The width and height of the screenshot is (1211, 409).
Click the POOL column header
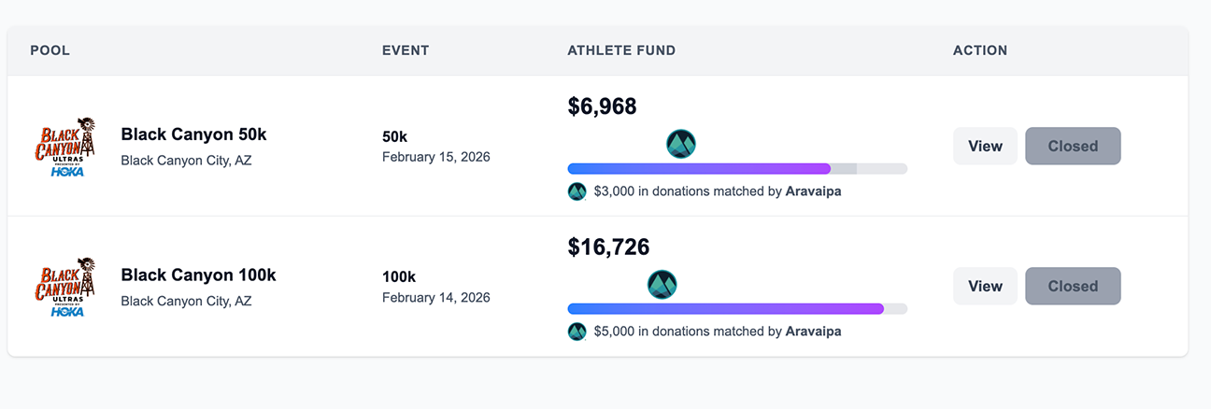pyautogui.click(x=50, y=50)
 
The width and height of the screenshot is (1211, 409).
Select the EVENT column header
pyautogui.click(x=406, y=50)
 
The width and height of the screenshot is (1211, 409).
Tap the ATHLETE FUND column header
pyautogui.click(x=621, y=50)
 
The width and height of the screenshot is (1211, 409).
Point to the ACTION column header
pyautogui.click(x=980, y=50)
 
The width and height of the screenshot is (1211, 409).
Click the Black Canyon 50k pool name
pyautogui.click(x=193, y=134)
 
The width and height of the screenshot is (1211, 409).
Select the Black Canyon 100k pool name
pyautogui.click(x=198, y=275)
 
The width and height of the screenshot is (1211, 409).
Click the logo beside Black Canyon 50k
pyautogui.click(x=65, y=147)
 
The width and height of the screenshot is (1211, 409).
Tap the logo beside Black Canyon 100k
pyautogui.click(x=65, y=287)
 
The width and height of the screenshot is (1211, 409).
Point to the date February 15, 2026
pyautogui.click(x=436, y=157)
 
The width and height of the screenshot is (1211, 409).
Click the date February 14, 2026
pyautogui.click(x=436, y=297)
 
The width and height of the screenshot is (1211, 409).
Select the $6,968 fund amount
pyautogui.click(x=603, y=106)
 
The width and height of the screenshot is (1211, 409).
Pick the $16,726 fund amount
pyautogui.click(x=608, y=247)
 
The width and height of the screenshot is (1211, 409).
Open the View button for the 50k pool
pyautogui.click(x=985, y=146)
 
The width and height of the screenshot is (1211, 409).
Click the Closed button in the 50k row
pyautogui.click(x=1073, y=146)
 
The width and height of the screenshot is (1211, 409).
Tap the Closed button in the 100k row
pyautogui.click(x=1073, y=286)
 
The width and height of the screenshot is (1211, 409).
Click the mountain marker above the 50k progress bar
pyautogui.click(x=680, y=144)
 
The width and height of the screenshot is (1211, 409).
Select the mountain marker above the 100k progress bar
pyautogui.click(x=662, y=284)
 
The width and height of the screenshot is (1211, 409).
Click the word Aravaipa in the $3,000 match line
pyautogui.click(x=813, y=191)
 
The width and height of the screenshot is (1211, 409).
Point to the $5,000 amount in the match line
pyautogui.click(x=614, y=331)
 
